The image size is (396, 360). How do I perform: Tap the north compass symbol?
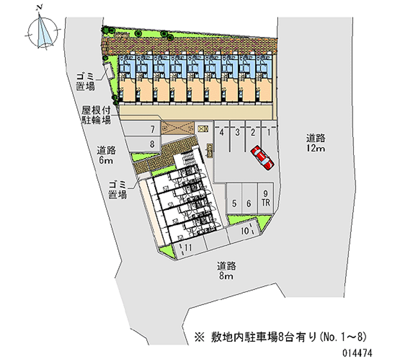point(43,29)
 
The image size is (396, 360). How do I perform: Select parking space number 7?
point(153,130)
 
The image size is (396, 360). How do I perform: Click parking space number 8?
point(153,144)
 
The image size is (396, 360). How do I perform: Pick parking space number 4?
point(222,133)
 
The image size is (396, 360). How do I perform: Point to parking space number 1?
point(268,133)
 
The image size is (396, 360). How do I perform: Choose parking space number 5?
point(234,203)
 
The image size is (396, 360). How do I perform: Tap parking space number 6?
point(249,203)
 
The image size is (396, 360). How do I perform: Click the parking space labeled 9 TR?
point(266,198)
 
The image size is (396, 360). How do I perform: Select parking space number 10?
point(245,231)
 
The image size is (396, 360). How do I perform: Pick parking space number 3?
point(238,133)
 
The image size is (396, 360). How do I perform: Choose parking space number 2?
point(253,133)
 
